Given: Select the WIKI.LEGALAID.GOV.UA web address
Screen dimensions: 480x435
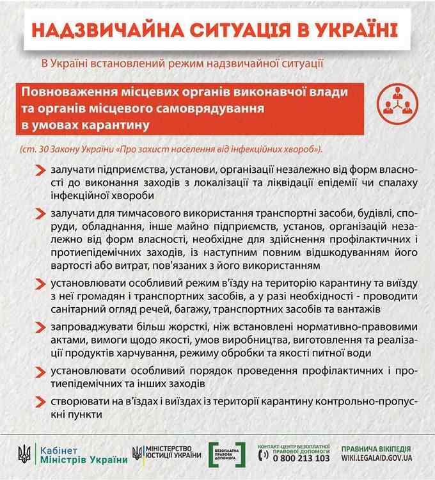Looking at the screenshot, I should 377,459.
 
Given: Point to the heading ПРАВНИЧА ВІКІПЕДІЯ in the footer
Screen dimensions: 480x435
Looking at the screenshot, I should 377,449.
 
